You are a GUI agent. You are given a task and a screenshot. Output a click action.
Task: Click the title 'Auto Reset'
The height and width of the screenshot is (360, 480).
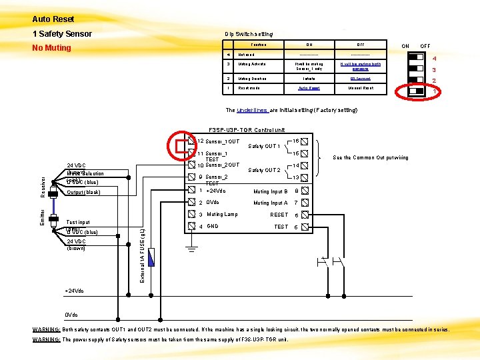[x=53, y=19]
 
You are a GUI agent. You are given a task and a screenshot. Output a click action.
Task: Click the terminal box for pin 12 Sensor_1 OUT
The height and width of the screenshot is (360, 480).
[x=191, y=141]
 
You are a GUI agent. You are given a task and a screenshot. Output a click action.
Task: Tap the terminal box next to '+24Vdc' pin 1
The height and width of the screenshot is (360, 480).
[x=191, y=191]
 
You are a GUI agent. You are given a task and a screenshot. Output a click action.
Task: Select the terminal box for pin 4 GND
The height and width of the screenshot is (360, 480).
[x=191, y=226]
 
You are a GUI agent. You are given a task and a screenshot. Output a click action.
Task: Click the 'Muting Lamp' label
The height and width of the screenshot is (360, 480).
[x=222, y=215]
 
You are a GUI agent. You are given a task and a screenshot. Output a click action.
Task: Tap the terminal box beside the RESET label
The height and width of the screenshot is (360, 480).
[x=305, y=215]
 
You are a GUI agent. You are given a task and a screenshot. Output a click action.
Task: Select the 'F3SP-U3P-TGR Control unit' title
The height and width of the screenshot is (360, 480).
[x=247, y=129]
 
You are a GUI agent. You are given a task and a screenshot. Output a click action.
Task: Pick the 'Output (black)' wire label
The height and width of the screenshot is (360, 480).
[x=83, y=193]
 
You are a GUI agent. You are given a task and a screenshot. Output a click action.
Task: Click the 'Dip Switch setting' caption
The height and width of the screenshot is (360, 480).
[x=249, y=34]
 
